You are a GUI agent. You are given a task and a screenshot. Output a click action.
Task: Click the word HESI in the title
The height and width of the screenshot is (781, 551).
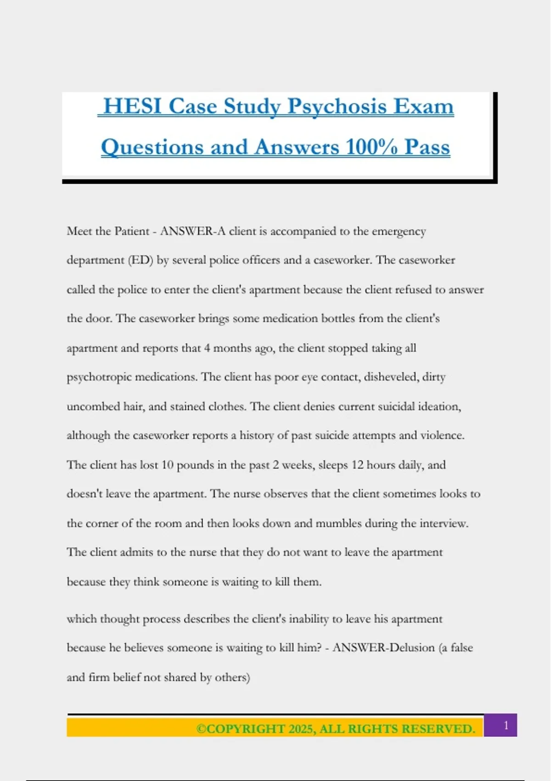click(x=133, y=107)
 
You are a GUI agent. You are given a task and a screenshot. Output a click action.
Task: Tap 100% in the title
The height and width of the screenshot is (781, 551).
click(x=371, y=147)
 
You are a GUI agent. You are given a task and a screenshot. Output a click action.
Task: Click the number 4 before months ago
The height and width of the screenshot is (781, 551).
click(x=207, y=348)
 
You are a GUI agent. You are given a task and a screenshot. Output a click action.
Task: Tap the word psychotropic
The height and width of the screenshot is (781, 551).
click(x=99, y=377)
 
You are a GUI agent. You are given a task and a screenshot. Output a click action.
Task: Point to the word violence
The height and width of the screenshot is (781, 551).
click(x=442, y=436)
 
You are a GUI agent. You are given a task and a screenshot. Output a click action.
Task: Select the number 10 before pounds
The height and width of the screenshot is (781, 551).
click(x=167, y=465)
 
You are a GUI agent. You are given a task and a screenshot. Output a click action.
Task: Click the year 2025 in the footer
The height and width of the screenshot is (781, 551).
click(x=300, y=729)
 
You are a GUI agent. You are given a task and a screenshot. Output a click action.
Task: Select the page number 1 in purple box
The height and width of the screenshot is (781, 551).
click(x=506, y=725)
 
